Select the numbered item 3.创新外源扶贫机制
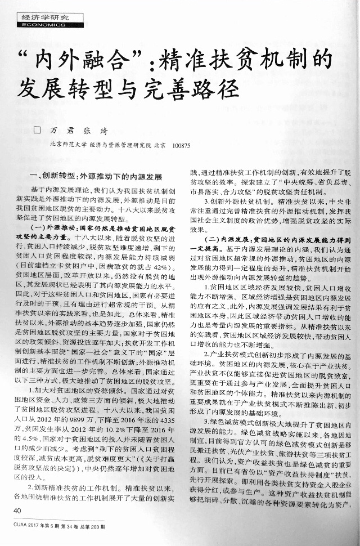coord(233,201)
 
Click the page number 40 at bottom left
coord(17,510)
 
